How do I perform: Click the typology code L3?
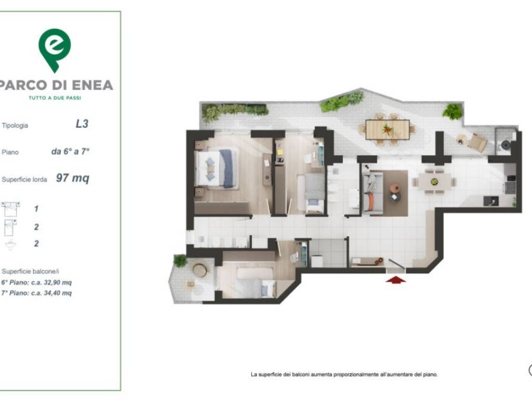click(x=82, y=124)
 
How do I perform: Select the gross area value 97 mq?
click(x=73, y=178)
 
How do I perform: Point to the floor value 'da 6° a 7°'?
click(x=70, y=151)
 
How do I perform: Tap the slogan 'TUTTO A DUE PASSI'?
click(x=55, y=98)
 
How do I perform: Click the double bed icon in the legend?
click(x=10, y=209)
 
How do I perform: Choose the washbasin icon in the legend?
click(x=10, y=244)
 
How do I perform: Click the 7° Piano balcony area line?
click(x=36, y=293)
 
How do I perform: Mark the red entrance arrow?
click(x=395, y=280)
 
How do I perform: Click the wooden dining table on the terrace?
click(x=388, y=129)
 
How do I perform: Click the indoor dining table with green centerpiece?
click(x=434, y=182)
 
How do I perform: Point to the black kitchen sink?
click(x=490, y=201)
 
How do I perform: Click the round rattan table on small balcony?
click(x=199, y=270)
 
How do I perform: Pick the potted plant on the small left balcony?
click(x=180, y=261)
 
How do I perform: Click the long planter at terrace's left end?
click(x=235, y=111)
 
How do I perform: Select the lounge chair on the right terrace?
click(x=477, y=142)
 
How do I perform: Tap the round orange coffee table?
click(x=395, y=188)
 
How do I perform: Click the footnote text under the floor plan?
click(x=344, y=375)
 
